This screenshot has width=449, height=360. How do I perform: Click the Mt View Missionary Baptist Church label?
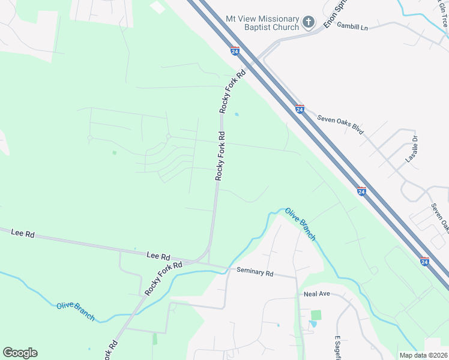(262, 23)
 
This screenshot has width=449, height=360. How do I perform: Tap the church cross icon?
(309, 23)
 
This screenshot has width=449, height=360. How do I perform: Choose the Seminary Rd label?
(255, 272)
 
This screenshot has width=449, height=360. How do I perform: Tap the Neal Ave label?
(318, 295)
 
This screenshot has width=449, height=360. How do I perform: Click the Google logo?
(20, 353)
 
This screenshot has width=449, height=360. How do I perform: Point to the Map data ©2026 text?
(423, 355)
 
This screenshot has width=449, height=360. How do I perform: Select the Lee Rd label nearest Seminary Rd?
(158, 256)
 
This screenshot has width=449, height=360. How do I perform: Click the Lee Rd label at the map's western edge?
(23, 233)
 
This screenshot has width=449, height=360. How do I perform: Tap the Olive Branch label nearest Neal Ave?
(300, 224)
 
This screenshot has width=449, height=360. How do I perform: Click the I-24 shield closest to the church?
(235, 52)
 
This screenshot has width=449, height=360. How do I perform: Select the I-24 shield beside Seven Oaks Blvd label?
(300, 109)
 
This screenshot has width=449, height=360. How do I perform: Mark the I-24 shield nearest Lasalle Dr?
(361, 191)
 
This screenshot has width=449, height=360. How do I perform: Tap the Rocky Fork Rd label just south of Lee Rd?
(163, 278)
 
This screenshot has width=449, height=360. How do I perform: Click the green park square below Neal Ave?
(316, 315)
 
